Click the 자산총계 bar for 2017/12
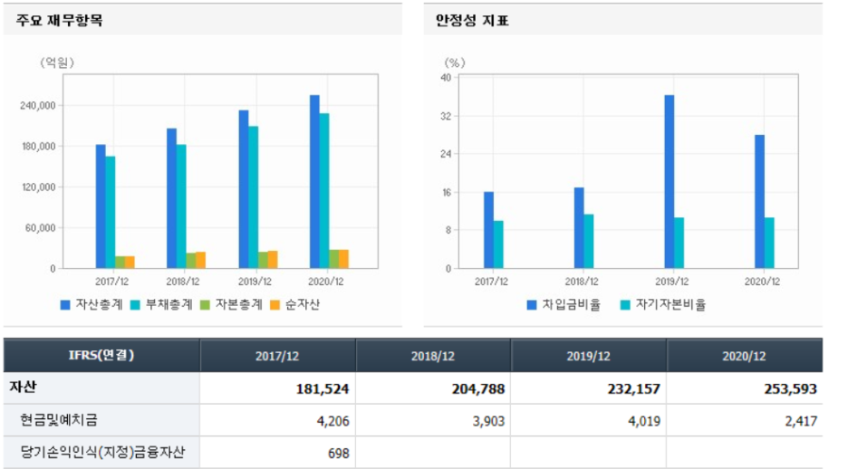pyautogui.click(x=101, y=206)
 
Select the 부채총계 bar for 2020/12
pyautogui.click(x=324, y=191)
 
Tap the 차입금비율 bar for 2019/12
pyautogui.click(x=669, y=182)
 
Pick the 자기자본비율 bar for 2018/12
pyautogui.click(x=588, y=241)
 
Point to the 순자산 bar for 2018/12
pyautogui.click(x=200, y=260)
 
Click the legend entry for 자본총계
pyautogui.click(x=231, y=305)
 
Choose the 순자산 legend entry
pyautogui.click(x=294, y=305)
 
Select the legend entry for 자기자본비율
pyautogui.click(x=663, y=305)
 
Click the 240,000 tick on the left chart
pyautogui.click(x=38, y=105)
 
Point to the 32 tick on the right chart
pyautogui.click(x=446, y=116)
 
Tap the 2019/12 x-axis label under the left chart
pyautogui.click(x=255, y=282)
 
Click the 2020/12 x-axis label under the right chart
pyautogui.click(x=762, y=282)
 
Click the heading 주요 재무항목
pyautogui.click(x=60, y=21)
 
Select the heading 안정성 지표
pyautogui.click(x=472, y=21)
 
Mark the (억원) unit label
pyautogui.click(x=57, y=62)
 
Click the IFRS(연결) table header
pyautogui.click(x=101, y=355)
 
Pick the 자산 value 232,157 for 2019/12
pyautogui.click(x=634, y=388)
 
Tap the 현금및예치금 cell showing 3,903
pyautogui.click(x=488, y=421)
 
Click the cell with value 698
pyautogui.click(x=339, y=454)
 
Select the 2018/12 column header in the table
pyautogui.click(x=433, y=356)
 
